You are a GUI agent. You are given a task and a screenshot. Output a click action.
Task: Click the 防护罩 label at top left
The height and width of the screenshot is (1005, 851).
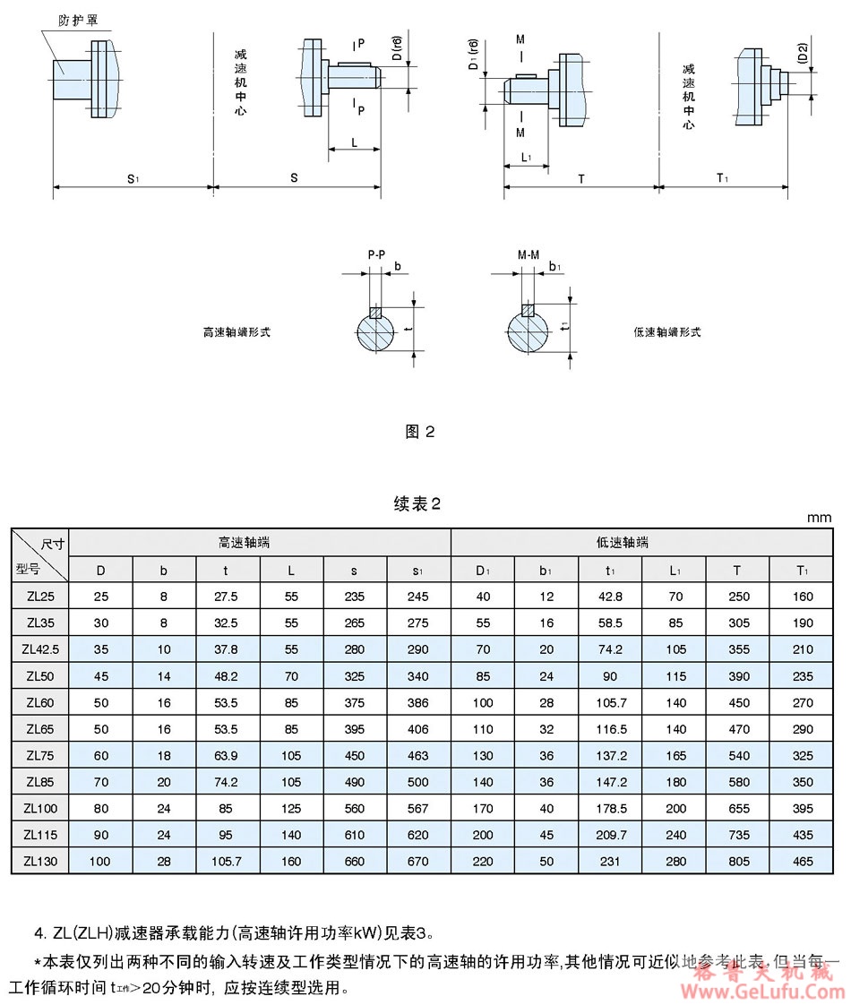[78, 19]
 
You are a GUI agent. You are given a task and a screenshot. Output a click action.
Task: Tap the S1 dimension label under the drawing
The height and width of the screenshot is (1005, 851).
[133, 179]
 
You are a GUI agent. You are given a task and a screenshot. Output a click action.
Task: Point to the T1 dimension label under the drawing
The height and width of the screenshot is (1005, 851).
[722, 179]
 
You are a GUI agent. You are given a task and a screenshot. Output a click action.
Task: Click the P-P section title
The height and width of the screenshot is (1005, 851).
[377, 254]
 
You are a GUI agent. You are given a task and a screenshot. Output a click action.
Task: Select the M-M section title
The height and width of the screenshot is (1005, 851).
[529, 254]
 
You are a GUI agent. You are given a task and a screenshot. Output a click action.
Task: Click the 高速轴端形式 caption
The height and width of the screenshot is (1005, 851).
[236, 332]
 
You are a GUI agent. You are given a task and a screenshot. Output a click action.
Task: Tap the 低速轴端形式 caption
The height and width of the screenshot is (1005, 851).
[667, 332]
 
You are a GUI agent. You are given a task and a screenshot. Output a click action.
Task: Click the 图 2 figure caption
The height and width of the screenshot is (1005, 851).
[420, 432]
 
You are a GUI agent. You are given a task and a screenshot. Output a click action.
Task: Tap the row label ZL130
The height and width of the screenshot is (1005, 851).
[40, 863]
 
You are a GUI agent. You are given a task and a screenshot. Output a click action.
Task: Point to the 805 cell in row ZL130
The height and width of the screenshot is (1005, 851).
[737, 863]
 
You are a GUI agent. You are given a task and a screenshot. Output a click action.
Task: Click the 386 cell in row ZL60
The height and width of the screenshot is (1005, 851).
[418, 703]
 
